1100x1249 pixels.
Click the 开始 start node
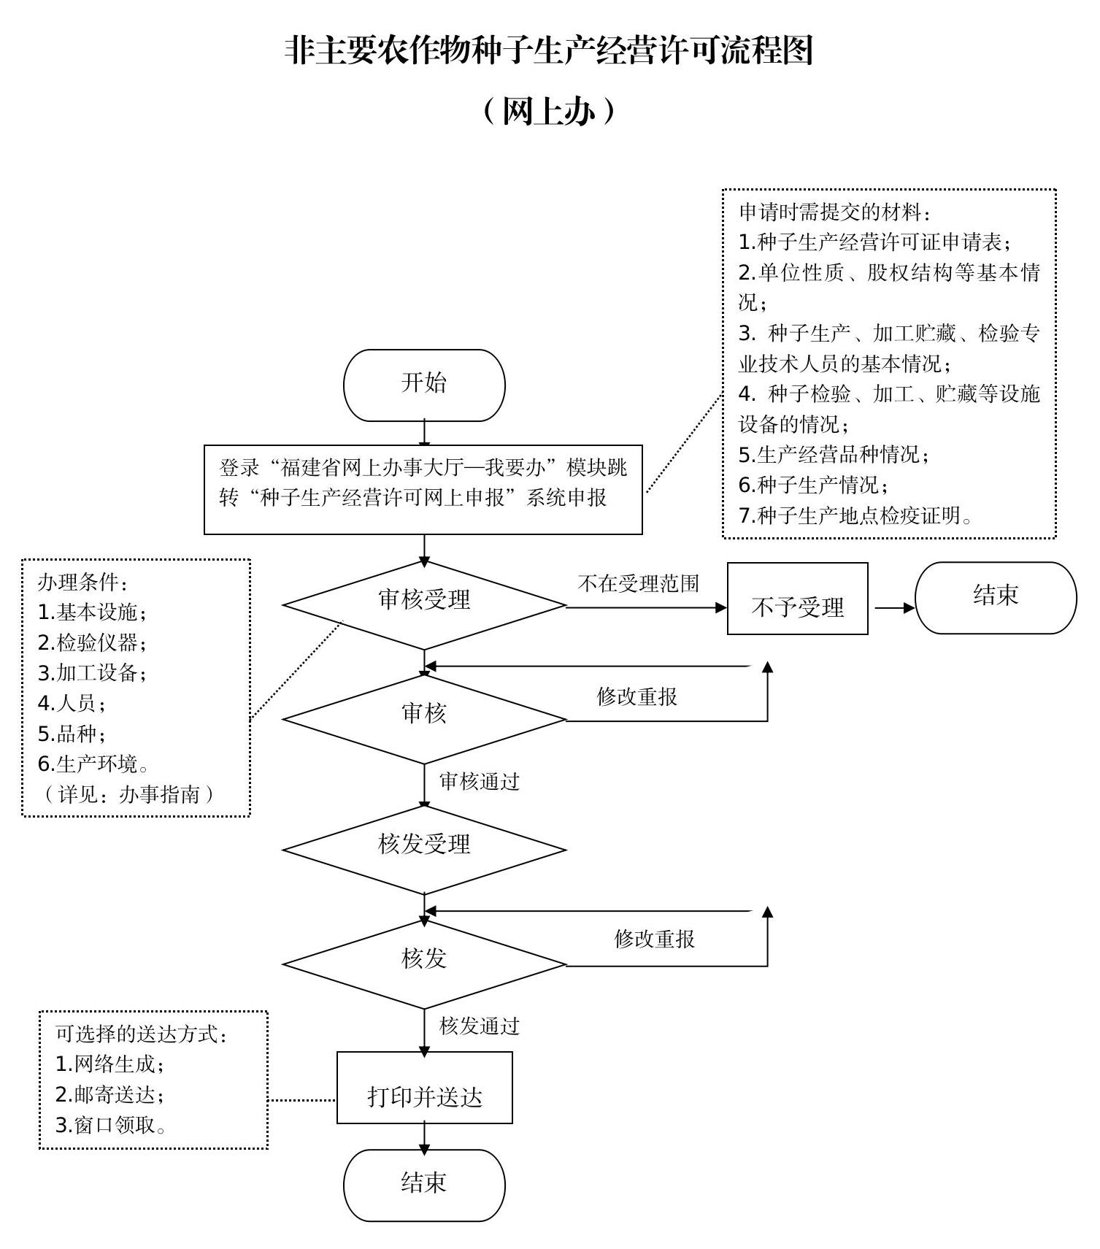point(424,385)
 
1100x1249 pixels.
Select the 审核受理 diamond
point(424,604)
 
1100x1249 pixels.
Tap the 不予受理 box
point(797,599)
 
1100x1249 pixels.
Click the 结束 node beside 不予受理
point(995,597)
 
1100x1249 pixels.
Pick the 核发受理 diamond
point(424,849)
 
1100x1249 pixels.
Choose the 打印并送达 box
point(424,1087)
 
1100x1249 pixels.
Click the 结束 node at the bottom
point(424,1185)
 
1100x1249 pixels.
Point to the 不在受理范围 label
point(639,583)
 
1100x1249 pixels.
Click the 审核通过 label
point(480,782)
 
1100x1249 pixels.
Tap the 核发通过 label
point(480,1026)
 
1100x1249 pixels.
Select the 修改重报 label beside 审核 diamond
point(637,696)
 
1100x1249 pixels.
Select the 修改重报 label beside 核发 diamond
point(655,939)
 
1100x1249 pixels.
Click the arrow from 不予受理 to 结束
point(893,607)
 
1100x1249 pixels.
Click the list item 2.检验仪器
point(93,643)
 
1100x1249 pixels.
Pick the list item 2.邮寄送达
point(110,1094)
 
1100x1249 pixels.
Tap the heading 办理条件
point(83,582)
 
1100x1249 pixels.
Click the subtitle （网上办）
point(549,112)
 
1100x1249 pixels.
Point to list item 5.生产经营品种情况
point(834,455)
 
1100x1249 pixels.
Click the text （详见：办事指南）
point(128,794)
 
